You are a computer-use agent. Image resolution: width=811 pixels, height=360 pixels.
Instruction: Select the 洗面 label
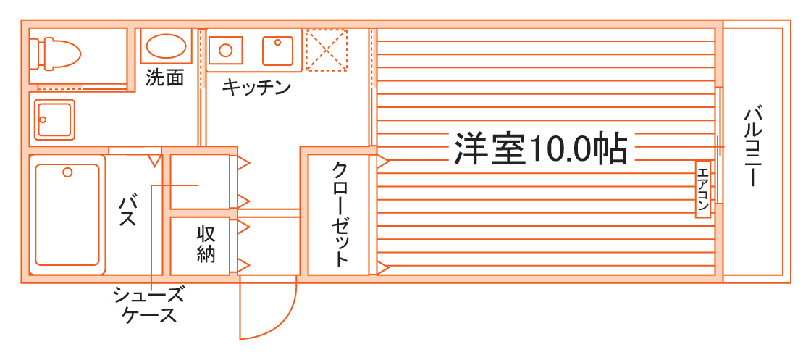164,78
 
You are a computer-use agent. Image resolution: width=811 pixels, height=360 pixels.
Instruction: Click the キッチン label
256,88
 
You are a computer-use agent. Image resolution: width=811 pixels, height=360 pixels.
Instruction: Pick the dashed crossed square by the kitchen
327,50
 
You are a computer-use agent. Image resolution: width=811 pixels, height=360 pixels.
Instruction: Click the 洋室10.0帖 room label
539,148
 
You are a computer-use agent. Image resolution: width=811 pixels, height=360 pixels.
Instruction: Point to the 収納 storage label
206,244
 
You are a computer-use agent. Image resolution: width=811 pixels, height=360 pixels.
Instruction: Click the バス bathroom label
128,210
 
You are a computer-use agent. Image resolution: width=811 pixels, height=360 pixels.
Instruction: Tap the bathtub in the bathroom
67,214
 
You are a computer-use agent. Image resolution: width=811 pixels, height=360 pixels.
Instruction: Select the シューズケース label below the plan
148,305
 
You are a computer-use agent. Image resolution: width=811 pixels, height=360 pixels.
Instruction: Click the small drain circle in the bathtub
67,172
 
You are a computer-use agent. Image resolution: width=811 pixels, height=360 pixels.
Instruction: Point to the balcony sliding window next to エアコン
720,145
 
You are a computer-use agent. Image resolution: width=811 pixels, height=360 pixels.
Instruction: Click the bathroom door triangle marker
154,159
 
